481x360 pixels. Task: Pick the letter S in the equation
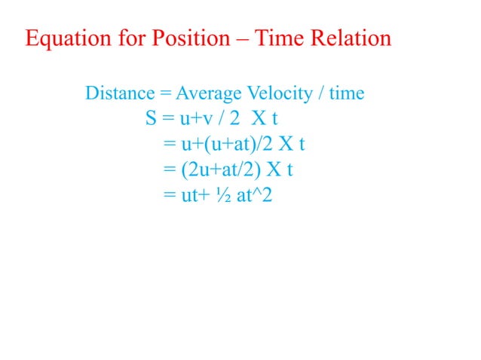point(151,119)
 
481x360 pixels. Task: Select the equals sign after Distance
point(163,94)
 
